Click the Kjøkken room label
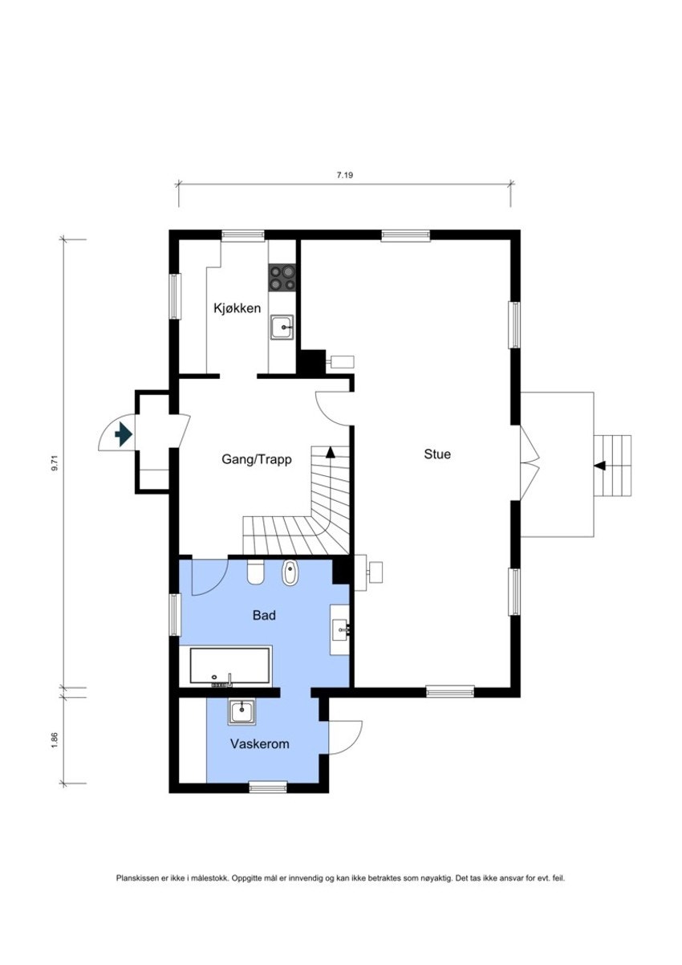(237, 308)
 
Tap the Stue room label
(437, 454)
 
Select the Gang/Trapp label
(257, 460)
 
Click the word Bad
(264, 616)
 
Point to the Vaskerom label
(259, 744)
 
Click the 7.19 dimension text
(345, 174)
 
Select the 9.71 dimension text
(55, 465)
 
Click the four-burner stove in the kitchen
(282, 278)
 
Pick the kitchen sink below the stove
(282, 327)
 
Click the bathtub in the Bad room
(230, 666)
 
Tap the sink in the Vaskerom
(242, 711)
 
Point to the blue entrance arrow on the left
(123, 435)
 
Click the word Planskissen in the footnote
(137, 879)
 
